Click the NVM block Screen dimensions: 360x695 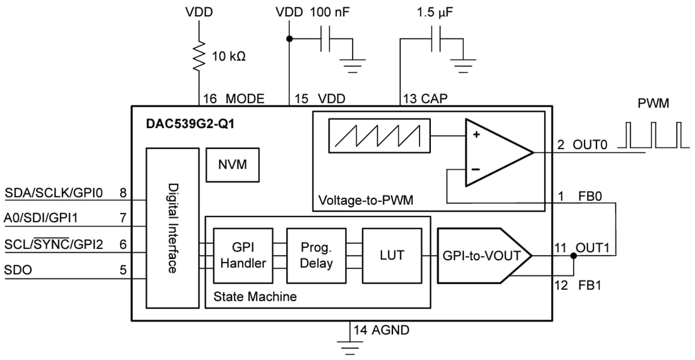[x=231, y=165]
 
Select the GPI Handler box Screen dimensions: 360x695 [x=243, y=255]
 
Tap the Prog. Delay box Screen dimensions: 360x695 [x=316, y=255]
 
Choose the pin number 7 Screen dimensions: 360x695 [x=123, y=219]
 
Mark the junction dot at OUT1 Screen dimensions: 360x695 [x=573, y=255]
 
